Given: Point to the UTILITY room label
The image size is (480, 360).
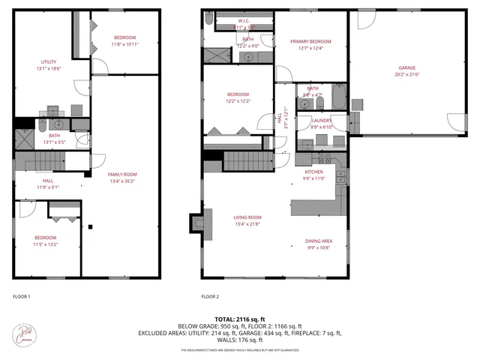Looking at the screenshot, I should coord(49,61).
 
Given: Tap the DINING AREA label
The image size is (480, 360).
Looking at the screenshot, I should coord(318,241).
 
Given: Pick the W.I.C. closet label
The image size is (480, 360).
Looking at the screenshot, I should coord(244,21).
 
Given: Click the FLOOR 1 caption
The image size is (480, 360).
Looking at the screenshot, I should coord(22,297).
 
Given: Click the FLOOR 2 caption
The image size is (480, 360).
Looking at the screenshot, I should coord(210,297).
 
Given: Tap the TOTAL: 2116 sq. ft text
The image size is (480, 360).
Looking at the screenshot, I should coord(241,319).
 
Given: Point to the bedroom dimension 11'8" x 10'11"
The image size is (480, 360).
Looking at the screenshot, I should coord(124,44).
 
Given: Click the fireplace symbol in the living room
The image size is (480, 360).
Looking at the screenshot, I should coord(196,223).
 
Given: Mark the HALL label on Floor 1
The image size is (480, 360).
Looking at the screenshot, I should coord(48,180).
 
